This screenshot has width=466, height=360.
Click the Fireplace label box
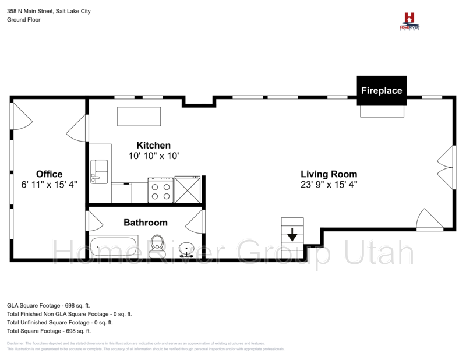point(382,91)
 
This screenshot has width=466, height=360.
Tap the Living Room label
point(329,174)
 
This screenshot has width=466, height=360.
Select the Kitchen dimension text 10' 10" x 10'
point(154,156)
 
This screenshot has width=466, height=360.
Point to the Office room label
point(49,174)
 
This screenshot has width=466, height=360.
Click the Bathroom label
point(146,223)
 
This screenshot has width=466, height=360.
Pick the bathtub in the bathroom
point(114,247)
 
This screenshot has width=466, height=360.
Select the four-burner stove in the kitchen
point(161,190)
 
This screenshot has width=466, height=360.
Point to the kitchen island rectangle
point(139,116)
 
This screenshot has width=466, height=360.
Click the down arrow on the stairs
point(292,237)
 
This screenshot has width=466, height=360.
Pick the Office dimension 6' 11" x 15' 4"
point(49,184)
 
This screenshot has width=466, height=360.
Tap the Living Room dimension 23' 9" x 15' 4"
point(329,184)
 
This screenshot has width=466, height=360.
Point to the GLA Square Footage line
point(48,305)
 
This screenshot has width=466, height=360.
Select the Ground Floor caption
point(23,19)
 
